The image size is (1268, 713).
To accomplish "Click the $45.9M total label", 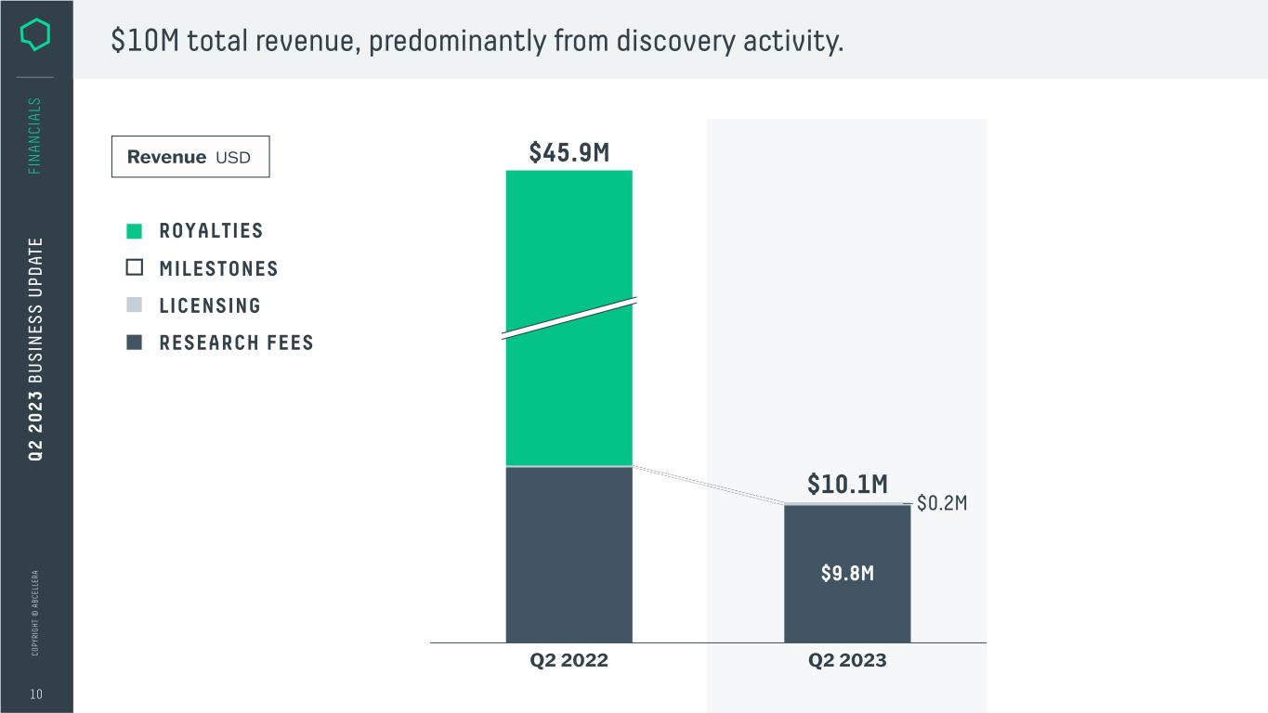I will click(569, 153).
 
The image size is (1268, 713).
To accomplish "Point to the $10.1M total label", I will click(847, 485).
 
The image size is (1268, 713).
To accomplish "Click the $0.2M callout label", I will click(942, 503).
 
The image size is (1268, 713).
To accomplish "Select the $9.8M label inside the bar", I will click(847, 574).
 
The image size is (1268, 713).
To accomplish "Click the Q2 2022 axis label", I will click(569, 661).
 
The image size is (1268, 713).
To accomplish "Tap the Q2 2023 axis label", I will click(847, 661).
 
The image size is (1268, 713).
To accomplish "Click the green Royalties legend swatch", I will click(135, 231).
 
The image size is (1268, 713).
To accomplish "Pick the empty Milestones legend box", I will click(135, 268).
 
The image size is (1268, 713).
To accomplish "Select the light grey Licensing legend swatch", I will click(135, 305).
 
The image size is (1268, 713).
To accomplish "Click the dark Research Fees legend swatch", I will click(135, 343).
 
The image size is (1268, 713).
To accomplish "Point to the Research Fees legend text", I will click(236, 343).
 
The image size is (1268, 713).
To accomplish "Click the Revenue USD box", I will click(190, 157).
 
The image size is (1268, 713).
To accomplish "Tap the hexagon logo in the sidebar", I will click(35, 35).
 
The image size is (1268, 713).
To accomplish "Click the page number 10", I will click(35, 694).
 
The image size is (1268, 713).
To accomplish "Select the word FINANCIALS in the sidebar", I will click(35, 136).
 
